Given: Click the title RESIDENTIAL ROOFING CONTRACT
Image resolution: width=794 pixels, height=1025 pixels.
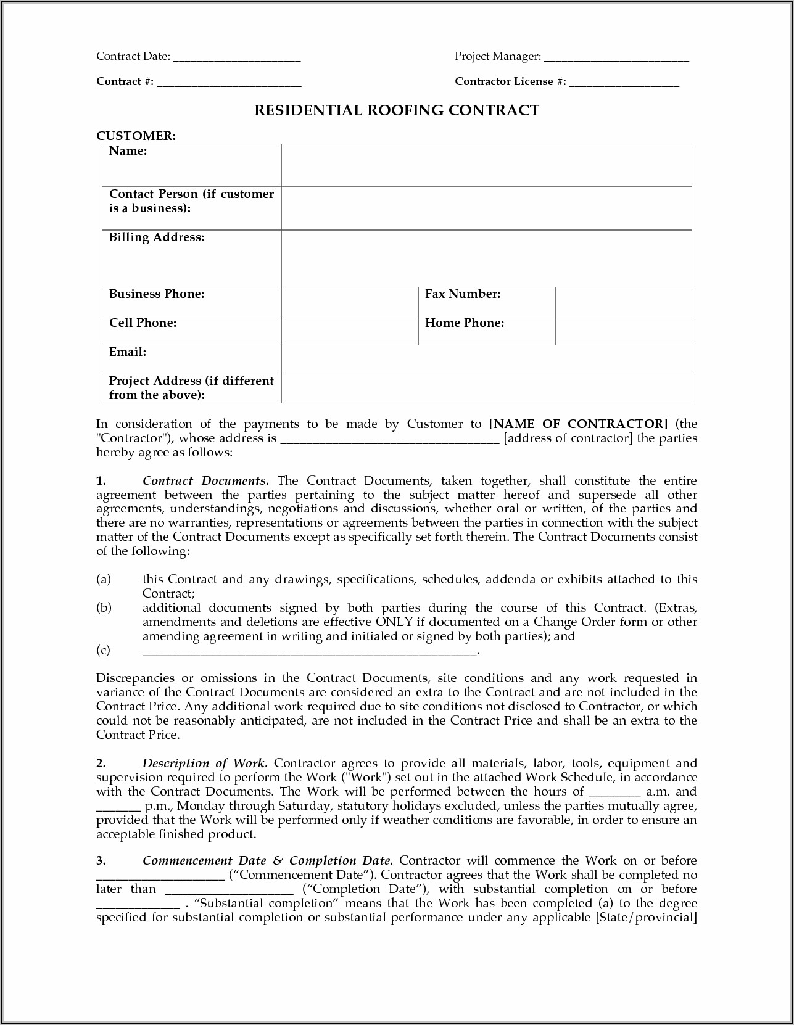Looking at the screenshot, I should click(397, 110).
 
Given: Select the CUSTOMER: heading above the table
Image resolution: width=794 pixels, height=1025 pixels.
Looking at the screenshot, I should click(136, 136).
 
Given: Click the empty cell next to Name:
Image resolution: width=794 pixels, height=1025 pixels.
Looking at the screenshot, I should click(486, 165).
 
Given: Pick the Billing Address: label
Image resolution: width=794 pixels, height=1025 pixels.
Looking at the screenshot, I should click(157, 237).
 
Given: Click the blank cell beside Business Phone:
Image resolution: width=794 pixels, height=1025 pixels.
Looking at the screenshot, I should click(349, 302).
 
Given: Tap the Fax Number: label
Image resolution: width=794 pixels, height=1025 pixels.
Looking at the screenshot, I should click(463, 294).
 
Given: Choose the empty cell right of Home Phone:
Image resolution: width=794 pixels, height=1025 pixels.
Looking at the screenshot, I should click(623, 331).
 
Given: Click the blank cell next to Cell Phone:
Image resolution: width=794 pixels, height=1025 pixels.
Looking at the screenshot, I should click(349, 331).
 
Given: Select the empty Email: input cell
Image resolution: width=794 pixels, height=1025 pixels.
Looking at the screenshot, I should click(486, 360).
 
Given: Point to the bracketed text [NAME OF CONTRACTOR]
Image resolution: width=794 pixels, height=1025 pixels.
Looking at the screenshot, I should click(578, 424).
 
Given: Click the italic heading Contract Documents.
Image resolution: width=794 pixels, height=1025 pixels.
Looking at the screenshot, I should click(205, 481).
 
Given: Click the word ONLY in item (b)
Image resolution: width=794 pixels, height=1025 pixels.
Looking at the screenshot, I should click(394, 622).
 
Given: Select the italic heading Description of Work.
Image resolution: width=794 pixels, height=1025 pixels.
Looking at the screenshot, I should click(204, 764).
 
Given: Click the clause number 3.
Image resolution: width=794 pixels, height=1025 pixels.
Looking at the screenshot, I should click(101, 861).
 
